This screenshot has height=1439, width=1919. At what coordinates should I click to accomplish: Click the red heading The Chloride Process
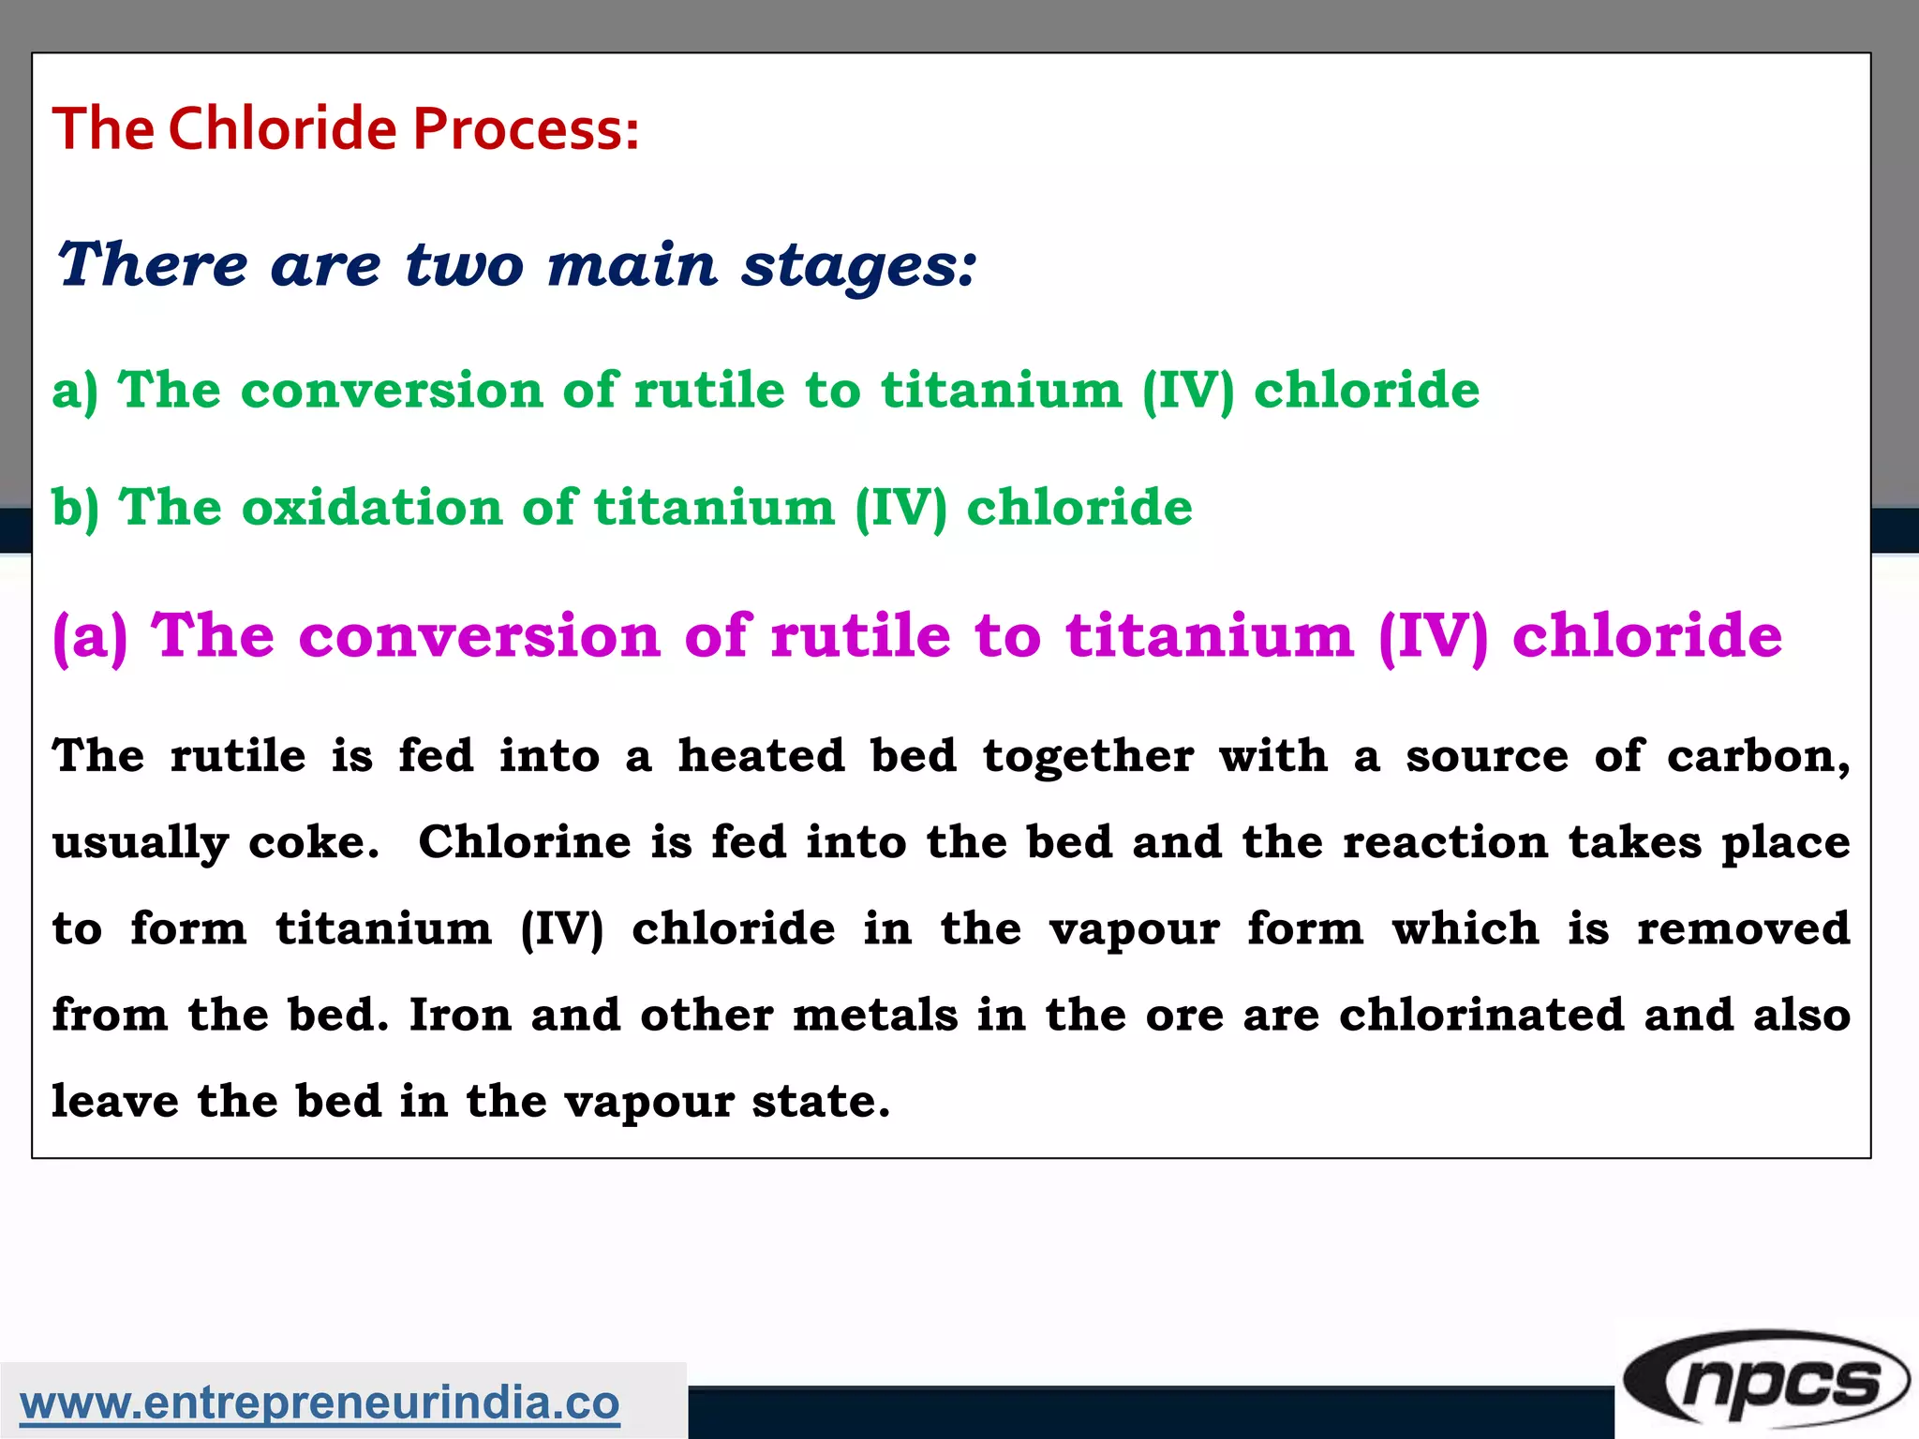[345, 128]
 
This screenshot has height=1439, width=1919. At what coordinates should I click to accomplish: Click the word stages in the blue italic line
[858, 265]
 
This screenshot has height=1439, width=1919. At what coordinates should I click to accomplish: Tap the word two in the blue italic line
[464, 265]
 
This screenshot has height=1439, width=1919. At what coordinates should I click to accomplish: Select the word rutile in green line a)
[709, 390]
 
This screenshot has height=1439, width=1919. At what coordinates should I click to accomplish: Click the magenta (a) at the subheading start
[90, 636]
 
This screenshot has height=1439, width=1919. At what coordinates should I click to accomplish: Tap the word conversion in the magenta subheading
[480, 636]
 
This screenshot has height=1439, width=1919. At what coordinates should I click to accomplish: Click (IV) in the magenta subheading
[1433, 636]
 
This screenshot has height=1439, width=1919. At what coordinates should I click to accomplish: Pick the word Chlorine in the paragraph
[524, 842]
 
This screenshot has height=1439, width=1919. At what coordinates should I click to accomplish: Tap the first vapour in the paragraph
[1134, 929]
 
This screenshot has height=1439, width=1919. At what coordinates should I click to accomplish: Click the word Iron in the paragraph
[460, 1016]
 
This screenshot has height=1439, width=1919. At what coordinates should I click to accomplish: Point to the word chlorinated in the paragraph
[1481, 1016]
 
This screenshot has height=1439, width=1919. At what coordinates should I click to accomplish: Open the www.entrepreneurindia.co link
[320, 1402]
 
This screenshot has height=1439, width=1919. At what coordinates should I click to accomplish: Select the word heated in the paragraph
[761, 756]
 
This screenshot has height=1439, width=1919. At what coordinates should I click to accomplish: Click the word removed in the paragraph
[1743, 929]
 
